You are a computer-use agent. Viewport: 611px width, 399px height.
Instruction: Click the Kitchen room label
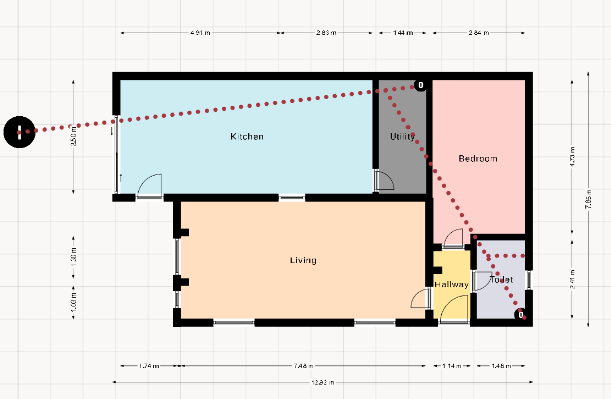point(247,137)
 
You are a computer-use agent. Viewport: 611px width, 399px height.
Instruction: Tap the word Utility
point(402,137)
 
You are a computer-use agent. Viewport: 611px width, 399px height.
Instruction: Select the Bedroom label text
point(478,159)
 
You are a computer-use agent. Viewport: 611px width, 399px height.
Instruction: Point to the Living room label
point(303,261)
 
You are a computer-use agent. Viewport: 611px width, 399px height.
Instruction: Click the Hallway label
point(452,285)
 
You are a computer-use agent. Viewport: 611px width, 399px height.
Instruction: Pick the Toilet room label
point(501,280)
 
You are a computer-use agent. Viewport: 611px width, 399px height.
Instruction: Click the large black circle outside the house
point(19,132)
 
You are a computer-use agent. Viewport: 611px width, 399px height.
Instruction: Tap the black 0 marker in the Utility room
point(421,85)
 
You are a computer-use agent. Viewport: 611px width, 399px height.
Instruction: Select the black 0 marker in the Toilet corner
point(520,315)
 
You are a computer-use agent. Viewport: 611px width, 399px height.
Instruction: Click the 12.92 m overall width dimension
point(323,382)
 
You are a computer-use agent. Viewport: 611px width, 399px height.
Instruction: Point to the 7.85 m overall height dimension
point(588,199)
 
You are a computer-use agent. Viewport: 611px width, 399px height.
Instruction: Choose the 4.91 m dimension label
point(200,33)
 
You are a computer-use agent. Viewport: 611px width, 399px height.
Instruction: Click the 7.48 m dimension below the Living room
point(303,366)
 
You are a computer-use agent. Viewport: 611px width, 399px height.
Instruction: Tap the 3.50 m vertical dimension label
point(73,136)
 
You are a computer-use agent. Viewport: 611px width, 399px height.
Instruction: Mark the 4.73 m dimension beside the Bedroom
point(572,157)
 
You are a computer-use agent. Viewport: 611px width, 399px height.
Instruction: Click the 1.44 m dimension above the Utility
point(402,33)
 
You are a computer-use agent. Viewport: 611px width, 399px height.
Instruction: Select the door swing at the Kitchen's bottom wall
point(150,185)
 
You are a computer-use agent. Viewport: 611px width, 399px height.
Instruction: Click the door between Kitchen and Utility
point(384,180)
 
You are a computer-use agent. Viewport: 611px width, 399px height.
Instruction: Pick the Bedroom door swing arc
point(453,237)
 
